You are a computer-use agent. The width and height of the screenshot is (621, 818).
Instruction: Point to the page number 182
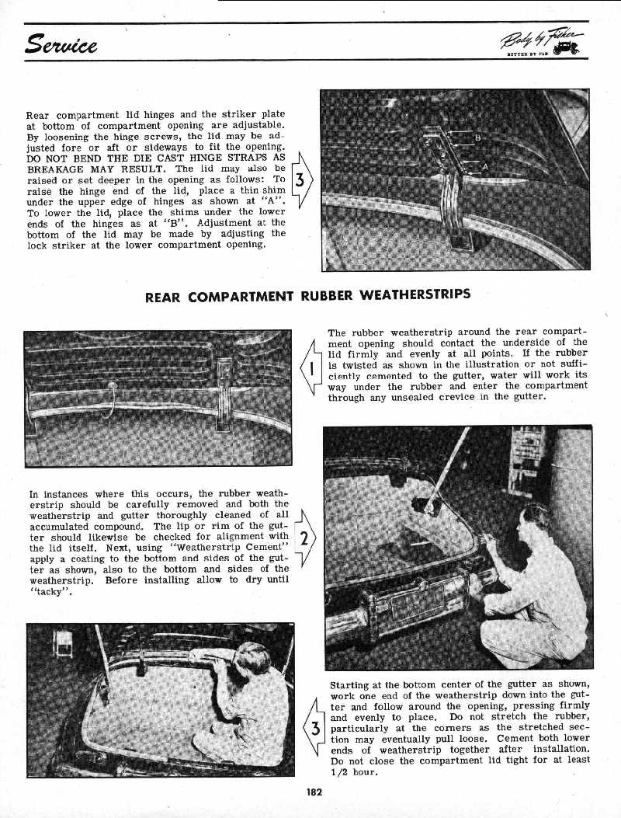pyautogui.click(x=314, y=792)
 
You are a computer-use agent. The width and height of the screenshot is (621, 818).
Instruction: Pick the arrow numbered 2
pyautogui.click(x=305, y=540)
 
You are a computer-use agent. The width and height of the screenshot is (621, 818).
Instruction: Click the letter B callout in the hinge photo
pyautogui.click(x=477, y=139)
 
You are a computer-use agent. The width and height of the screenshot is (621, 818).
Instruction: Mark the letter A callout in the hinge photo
pyautogui.click(x=485, y=165)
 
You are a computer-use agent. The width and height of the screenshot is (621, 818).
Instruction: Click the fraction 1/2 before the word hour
pyautogui.click(x=339, y=771)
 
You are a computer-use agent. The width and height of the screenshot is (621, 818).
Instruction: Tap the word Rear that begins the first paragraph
pyautogui.click(x=40, y=114)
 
